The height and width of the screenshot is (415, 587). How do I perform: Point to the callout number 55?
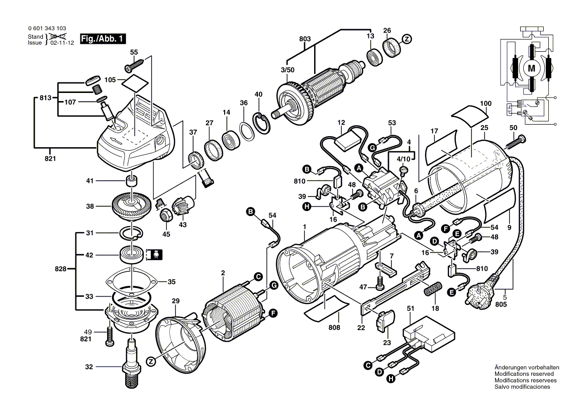click(134, 52)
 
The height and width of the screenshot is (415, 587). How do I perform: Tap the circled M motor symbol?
click(532, 67)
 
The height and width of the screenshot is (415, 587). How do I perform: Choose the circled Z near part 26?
click(407, 39)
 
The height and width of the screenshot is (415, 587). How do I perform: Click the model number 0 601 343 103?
click(47, 29)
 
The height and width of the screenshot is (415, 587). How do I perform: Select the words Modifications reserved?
click(524, 374)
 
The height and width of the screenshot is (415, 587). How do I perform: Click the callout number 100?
click(485, 103)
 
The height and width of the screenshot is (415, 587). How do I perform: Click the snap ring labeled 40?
click(261, 124)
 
